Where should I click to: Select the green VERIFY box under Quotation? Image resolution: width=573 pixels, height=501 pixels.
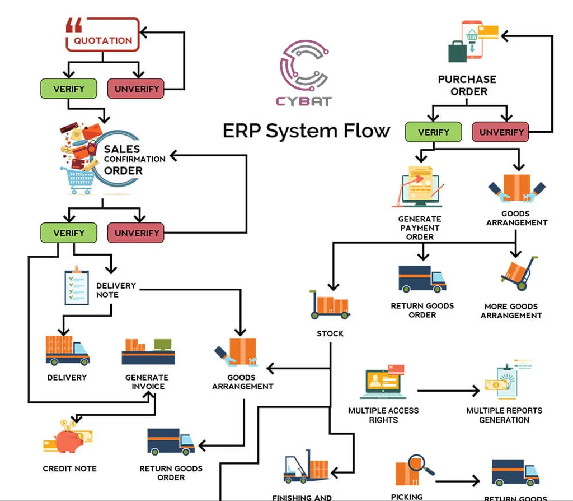(x=69, y=89)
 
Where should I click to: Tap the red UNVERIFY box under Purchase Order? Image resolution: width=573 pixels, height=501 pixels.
(x=501, y=132)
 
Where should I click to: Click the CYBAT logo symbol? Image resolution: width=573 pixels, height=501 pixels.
(x=304, y=66)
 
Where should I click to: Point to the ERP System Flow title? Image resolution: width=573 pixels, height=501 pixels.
(x=306, y=131)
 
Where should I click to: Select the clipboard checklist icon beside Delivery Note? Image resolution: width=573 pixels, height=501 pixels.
(x=76, y=287)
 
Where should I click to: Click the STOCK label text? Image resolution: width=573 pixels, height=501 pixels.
(x=330, y=333)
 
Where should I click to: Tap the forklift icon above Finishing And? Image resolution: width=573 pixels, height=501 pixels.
(x=305, y=466)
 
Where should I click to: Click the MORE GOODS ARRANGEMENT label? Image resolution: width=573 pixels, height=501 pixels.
(x=511, y=310)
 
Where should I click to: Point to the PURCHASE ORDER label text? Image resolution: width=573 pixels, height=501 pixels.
(x=467, y=85)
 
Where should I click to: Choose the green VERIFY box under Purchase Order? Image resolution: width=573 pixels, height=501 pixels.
(x=433, y=132)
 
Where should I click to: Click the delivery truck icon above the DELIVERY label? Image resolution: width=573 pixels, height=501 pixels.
(x=67, y=350)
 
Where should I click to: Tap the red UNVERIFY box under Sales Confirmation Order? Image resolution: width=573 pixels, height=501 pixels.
(x=137, y=233)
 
